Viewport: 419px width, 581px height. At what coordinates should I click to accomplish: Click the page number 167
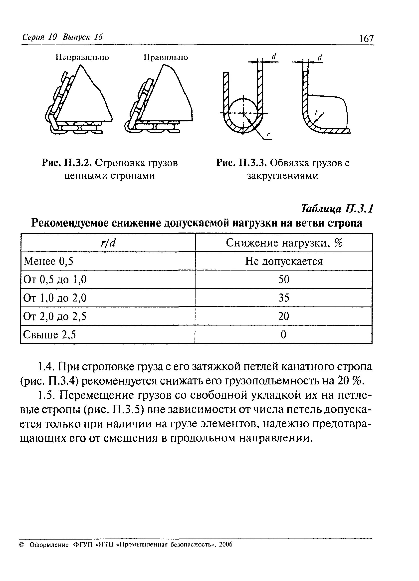click(x=367, y=39)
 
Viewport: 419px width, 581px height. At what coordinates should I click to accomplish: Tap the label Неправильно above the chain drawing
click(x=82, y=57)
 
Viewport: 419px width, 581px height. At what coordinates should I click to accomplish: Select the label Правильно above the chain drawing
click(x=166, y=57)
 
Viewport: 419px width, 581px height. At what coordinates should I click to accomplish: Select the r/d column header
click(x=108, y=243)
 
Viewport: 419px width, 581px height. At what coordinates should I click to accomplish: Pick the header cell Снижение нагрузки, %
click(x=284, y=243)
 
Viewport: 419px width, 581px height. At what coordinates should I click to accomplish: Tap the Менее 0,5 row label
click(x=48, y=261)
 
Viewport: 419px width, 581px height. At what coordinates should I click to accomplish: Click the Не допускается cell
click(x=284, y=261)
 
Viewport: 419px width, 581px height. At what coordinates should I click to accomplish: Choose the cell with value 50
click(x=284, y=280)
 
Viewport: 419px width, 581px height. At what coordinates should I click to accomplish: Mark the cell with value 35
click(x=284, y=298)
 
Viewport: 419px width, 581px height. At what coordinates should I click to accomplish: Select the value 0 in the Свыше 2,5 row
click(x=283, y=334)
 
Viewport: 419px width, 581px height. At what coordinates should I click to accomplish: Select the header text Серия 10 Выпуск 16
click(x=62, y=37)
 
